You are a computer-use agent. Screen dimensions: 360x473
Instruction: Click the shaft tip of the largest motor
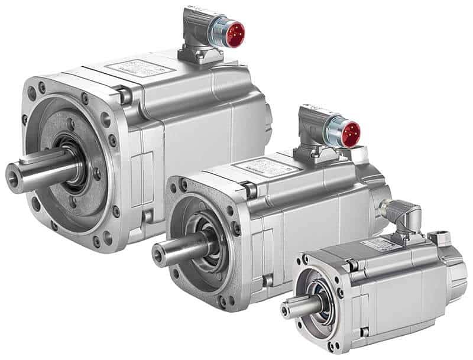tap(13, 177)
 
